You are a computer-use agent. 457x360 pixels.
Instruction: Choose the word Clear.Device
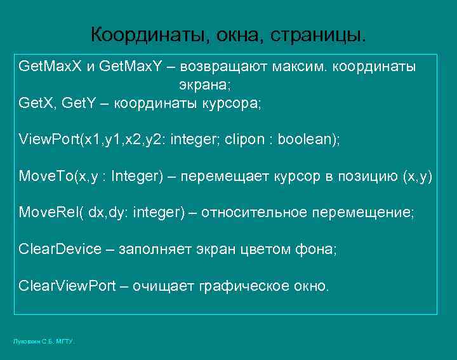[60, 249]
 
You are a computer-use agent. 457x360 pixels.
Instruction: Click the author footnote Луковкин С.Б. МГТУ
[43, 342]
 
